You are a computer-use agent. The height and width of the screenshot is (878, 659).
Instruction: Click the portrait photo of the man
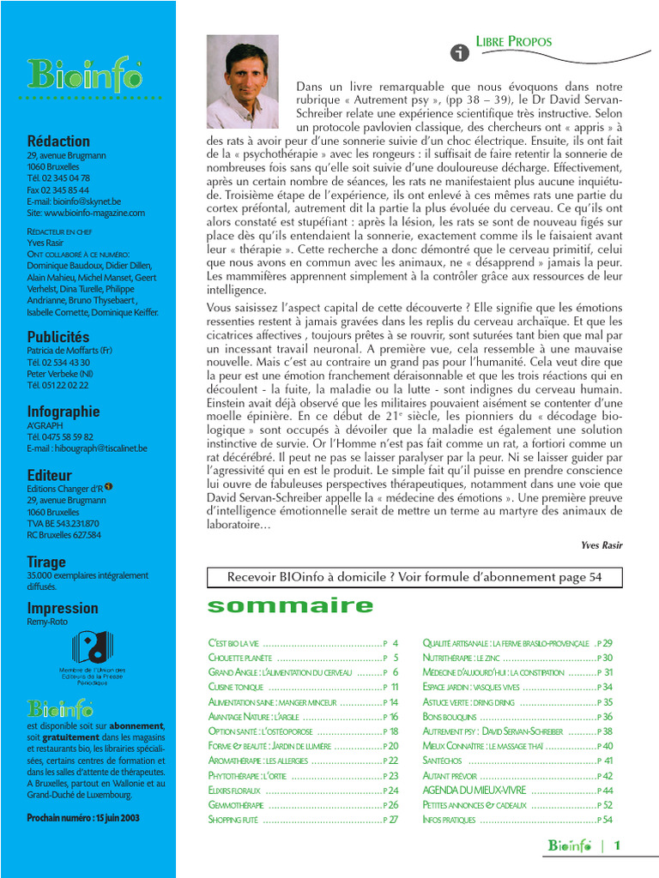243,81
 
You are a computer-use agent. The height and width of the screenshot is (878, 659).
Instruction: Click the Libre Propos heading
514,41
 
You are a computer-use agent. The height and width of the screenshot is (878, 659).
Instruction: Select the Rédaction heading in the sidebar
58,141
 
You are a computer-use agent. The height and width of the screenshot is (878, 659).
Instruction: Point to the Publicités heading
58,337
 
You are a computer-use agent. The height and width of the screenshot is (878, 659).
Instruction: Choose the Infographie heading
63,412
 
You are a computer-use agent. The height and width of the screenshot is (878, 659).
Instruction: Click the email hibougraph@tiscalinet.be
87,448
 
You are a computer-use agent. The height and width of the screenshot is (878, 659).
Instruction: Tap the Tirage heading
46,562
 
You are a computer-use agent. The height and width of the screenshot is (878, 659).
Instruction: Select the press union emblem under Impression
92,649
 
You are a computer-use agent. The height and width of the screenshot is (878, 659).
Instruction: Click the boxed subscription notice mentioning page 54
414,578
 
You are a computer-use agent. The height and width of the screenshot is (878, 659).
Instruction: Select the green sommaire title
291,606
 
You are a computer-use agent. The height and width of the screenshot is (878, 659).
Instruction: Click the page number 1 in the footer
617,846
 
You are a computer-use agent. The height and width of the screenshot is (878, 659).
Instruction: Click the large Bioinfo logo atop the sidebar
84,75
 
